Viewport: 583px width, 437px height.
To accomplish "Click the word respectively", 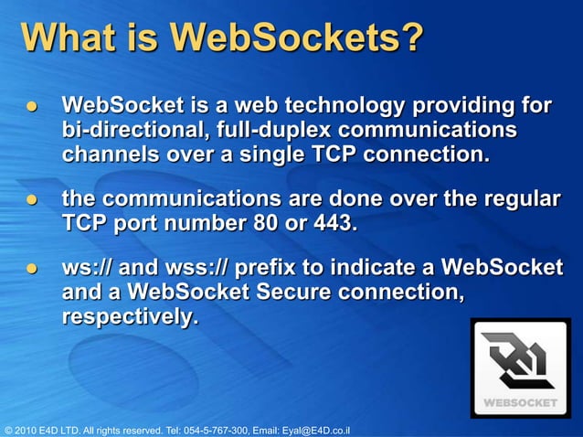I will coord(129,317).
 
